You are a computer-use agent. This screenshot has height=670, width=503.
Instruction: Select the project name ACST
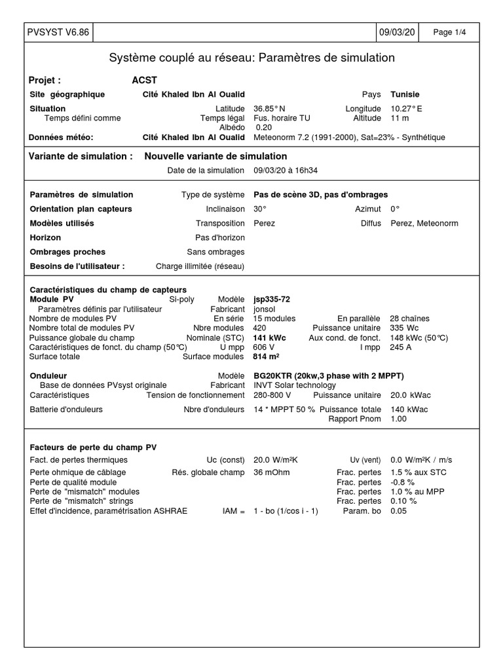tap(144, 80)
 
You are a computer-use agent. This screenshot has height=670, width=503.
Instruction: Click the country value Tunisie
tap(405, 94)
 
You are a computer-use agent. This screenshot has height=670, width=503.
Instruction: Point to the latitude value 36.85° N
tap(269, 109)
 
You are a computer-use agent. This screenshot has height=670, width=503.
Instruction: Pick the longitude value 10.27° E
tap(407, 109)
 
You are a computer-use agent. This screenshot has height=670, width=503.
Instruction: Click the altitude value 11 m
tap(400, 118)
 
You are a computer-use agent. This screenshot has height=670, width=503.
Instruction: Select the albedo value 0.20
tap(263, 128)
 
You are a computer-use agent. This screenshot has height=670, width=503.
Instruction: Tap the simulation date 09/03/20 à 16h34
tap(286, 171)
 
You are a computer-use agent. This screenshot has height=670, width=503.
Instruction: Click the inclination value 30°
tap(260, 209)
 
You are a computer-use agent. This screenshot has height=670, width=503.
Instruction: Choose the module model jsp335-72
tap(272, 299)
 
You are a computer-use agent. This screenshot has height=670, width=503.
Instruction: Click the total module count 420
tap(260, 328)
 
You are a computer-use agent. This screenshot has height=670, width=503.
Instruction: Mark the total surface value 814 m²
tap(266, 357)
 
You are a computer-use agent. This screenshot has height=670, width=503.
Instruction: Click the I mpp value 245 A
tap(401, 347)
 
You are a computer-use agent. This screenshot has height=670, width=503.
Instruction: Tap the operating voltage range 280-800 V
tap(272, 395)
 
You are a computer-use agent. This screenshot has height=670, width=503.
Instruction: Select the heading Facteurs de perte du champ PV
tap(94, 447)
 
